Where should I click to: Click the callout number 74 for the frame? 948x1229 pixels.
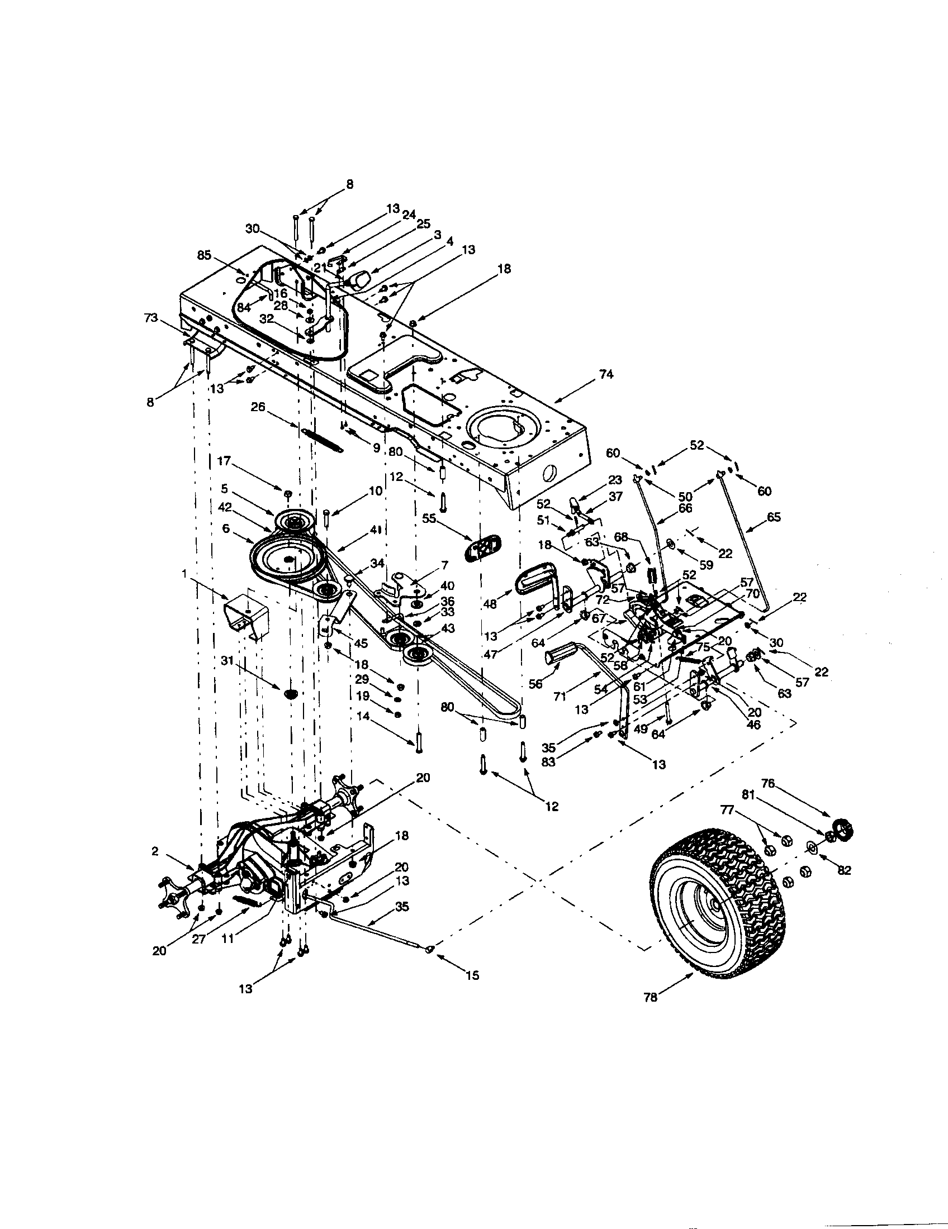coord(606,374)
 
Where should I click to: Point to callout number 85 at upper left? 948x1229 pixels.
coord(205,255)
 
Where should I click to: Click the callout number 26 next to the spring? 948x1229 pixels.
coord(258,407)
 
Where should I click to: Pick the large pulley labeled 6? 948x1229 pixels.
coord(287,559)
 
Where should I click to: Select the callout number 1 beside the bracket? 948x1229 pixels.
coord(184,572)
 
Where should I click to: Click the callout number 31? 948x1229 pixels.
coord(226,662)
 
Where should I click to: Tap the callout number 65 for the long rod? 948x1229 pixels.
coord(774,517)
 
